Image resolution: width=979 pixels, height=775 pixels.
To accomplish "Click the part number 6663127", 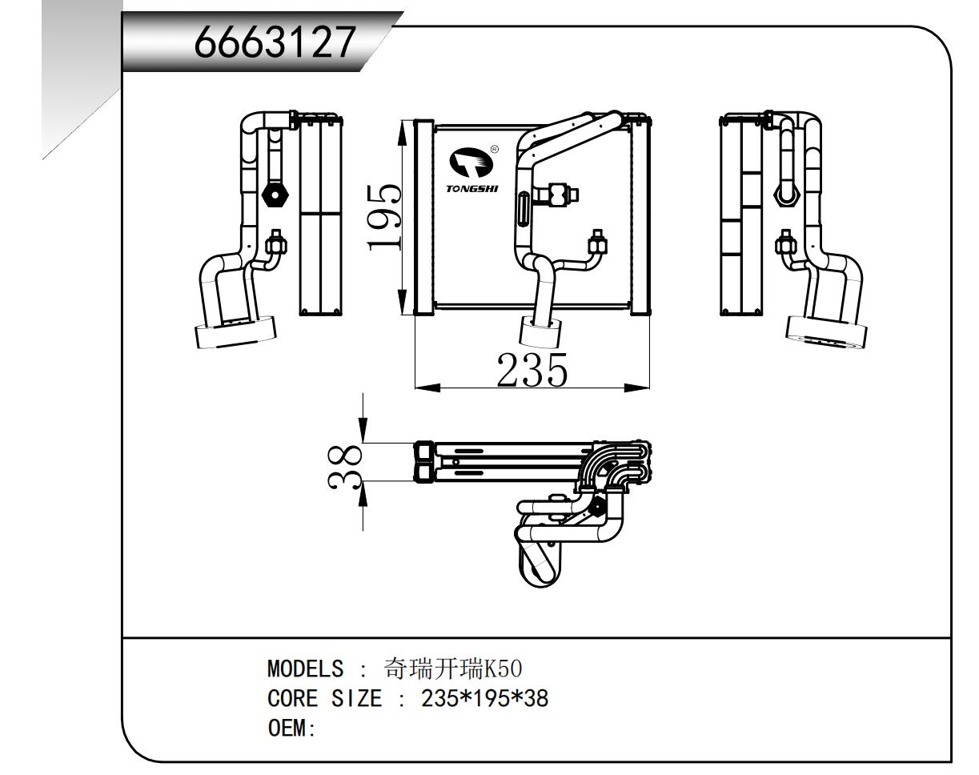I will tap(275, 44).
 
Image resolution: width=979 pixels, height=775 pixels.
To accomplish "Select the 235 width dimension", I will tap(532, 369).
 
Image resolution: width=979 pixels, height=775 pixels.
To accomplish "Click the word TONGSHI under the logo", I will tap(471, 190).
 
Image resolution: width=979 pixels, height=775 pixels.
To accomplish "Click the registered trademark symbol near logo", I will tap(494, 149).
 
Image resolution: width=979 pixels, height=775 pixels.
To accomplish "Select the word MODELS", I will tap(304, 669).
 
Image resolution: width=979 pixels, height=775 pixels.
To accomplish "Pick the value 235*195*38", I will tap(484, 699).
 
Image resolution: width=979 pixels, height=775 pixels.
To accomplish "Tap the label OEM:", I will tap(292, 729).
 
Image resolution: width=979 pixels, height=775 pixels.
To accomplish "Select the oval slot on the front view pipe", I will tap(521, 211).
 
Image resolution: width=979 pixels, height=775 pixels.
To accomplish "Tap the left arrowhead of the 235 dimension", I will tap(426, 388).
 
